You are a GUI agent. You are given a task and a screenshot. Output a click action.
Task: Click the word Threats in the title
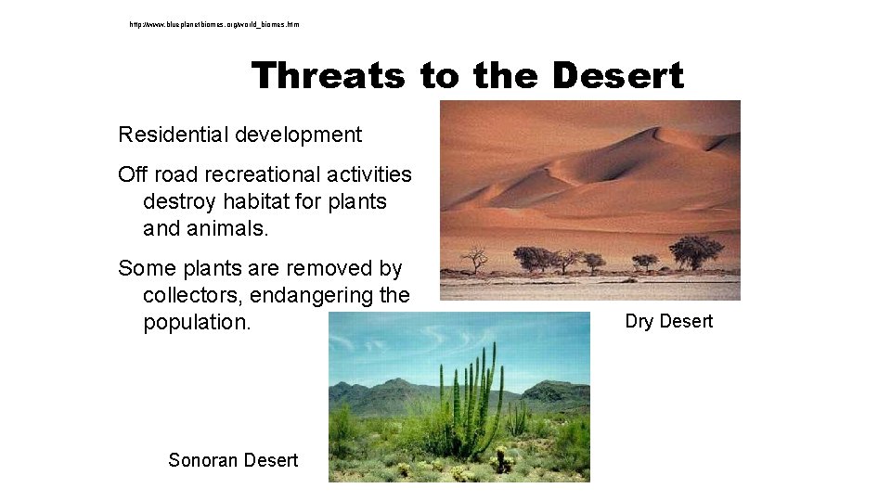tap(328, 75)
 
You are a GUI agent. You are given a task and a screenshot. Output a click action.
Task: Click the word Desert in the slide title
tap(617, 75)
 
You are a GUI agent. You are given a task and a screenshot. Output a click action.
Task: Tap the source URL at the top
tap(214, 24)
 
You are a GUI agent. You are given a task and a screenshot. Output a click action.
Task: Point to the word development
tap(298, 135)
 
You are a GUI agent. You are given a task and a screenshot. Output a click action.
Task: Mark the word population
tap(197, 323)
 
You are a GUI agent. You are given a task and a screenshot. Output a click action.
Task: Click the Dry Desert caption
tap(668, 321)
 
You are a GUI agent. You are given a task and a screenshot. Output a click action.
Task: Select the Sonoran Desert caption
tap(233, 459)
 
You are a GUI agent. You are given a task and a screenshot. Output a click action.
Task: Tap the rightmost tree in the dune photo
tap(696, 250)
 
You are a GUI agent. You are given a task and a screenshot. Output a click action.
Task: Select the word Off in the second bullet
tap(132, 174)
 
